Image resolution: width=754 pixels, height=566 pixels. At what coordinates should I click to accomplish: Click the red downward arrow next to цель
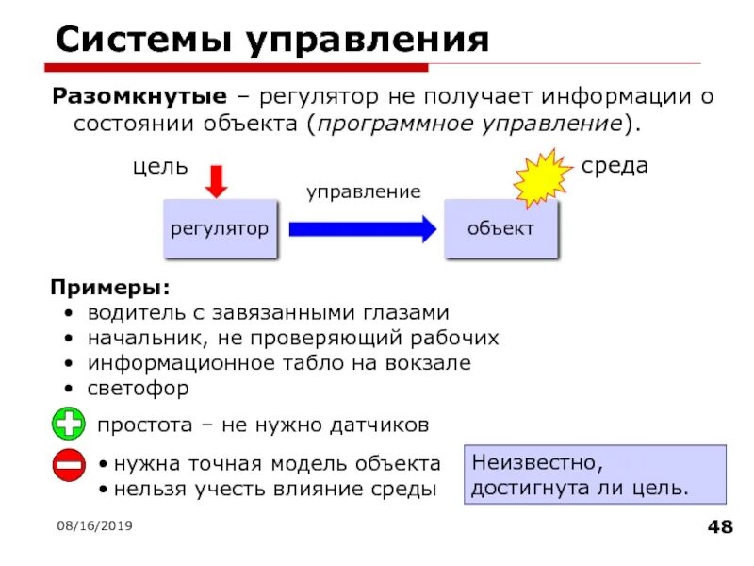tap(217, 180)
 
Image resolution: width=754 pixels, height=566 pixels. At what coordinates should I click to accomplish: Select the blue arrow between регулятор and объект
tap(362, 228)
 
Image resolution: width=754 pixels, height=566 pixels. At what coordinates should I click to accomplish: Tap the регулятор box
tap(220, 228)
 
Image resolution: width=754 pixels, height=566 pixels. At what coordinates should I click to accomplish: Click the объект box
tap(500, 228)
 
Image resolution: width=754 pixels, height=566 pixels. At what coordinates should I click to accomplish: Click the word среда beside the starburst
tap(615, 166)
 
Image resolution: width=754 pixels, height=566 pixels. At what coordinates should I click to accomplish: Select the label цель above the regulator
tap(159, 167)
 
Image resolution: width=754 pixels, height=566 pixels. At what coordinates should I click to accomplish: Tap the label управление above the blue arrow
tap(363, 191)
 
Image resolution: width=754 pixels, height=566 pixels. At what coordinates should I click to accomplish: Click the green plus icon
tap(69, 424)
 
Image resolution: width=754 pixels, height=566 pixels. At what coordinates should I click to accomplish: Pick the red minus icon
tap(69, 466)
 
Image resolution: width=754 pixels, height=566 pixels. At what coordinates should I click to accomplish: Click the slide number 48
tap(720, 526)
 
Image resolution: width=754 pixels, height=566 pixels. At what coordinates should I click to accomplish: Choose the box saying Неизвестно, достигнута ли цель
tap(597, 475)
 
